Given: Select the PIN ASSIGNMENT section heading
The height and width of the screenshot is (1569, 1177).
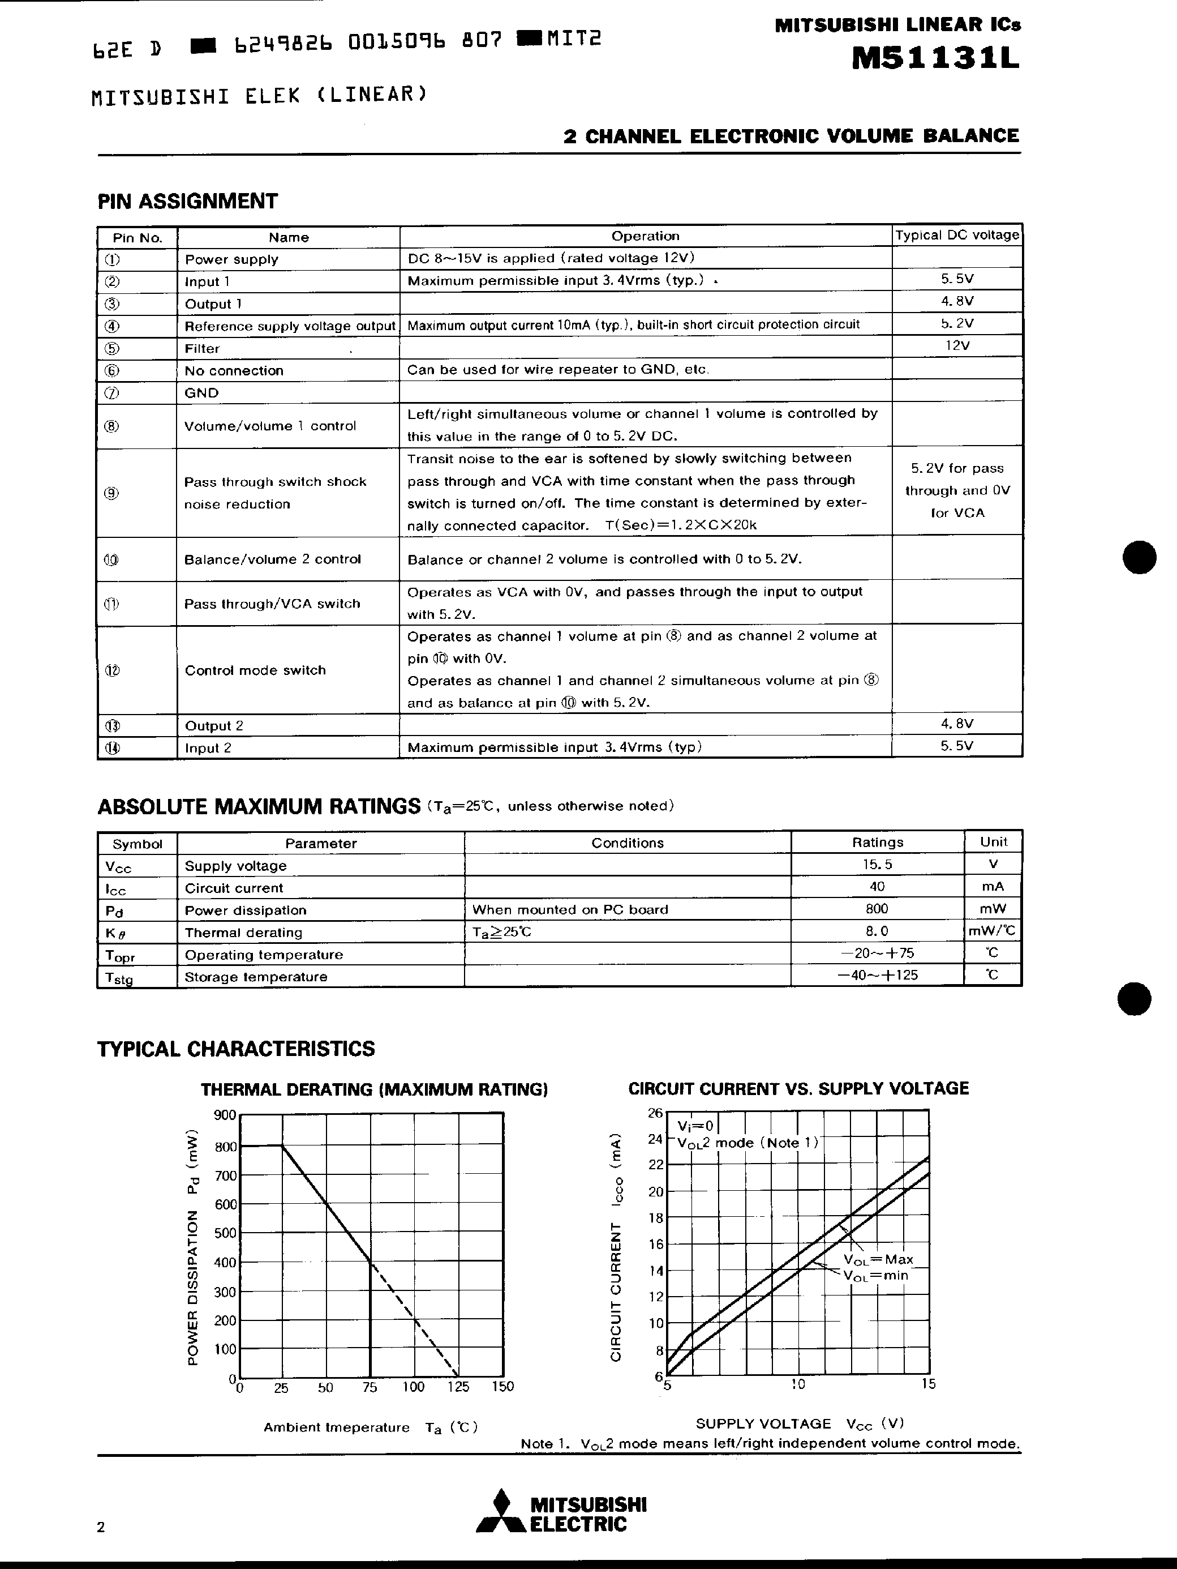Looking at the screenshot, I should [187, 202].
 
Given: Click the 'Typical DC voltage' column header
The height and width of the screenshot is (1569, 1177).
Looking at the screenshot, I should [956, 236].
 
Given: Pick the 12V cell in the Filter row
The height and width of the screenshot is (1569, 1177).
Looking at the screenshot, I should [956, 345].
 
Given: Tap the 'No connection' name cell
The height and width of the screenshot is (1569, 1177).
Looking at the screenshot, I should [234, 370].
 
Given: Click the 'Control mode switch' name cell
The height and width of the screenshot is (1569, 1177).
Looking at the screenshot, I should [255, 670].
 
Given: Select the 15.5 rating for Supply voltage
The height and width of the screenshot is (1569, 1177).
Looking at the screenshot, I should [877, 865].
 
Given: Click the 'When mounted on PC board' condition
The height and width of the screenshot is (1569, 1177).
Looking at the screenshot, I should [570, 909].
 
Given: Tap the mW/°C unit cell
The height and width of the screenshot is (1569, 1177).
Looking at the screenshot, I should [992, 931].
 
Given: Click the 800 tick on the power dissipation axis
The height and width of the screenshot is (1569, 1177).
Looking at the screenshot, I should [225, 1146].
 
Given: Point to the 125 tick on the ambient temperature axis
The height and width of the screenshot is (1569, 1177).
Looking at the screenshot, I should [458, 1387].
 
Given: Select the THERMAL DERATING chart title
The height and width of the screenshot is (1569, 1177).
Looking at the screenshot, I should [373, 1089].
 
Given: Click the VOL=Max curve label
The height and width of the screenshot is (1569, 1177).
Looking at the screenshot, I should [878, 1259].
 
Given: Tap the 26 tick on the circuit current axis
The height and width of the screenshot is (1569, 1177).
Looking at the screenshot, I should [655, 1113].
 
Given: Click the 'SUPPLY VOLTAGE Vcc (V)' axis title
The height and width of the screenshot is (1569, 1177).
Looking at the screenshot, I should [799, 1423].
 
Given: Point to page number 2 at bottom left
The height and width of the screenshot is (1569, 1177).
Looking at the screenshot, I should [101, 1527].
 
